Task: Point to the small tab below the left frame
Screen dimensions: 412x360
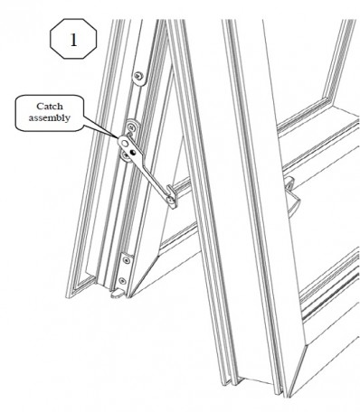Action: coord(118,294)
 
